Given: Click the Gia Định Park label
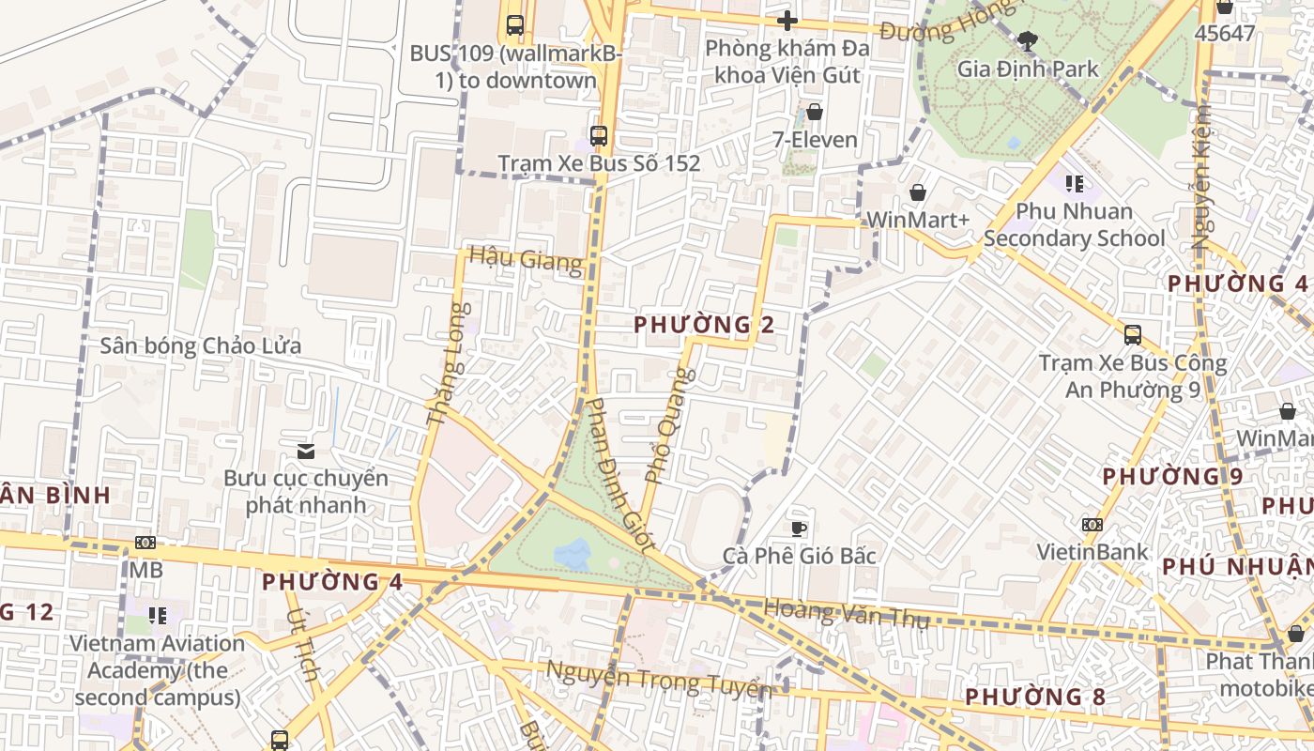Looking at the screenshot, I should pos(1027,69).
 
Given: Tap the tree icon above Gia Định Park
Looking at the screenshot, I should pos(1028,40).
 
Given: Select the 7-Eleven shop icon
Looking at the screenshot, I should pos(814,112).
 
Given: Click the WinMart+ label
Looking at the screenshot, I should pos(917,220).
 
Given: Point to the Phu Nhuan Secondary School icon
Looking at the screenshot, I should pos(1075,183).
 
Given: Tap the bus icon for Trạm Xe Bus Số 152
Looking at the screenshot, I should pos(598,135).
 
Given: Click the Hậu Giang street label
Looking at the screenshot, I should pos(526,258).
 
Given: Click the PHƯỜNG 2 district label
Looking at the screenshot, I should pos(704,325).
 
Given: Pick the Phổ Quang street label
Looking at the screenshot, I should pos(670,425).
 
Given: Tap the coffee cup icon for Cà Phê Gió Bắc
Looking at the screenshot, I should pos(798,529).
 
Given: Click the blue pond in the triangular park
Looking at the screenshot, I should pos(573,554).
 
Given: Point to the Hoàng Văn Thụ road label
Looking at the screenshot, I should pos(846,613).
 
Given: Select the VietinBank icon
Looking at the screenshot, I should pos(1092,524).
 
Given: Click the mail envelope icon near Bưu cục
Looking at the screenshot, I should pos(305,452).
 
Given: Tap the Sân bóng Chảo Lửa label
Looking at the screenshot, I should pos(201,345).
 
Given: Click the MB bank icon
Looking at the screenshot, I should pos(145,543).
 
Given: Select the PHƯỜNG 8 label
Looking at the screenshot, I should pos(1035,697).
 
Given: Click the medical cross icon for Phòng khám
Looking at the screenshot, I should pos(787,20).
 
